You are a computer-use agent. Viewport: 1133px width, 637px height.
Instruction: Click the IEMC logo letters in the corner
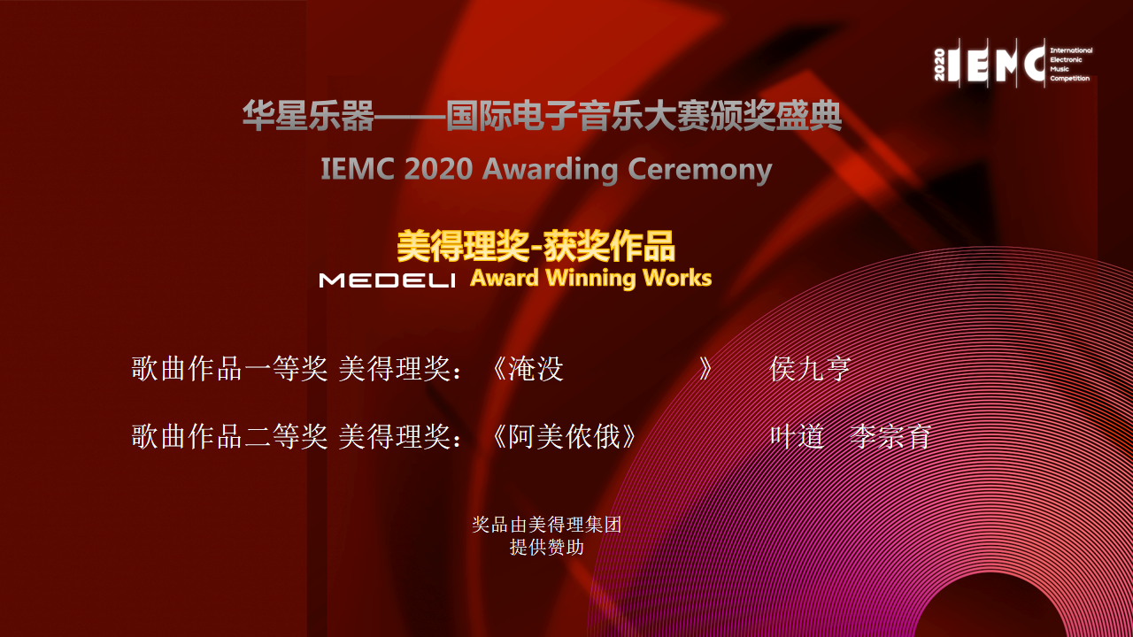click(x=997, y=63)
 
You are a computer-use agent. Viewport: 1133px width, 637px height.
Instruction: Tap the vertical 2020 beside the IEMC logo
click(x=939, y=65)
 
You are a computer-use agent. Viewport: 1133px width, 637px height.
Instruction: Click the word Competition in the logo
click(x=1069, y=79)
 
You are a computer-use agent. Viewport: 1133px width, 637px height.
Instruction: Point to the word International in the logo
click(x=1071, y=50)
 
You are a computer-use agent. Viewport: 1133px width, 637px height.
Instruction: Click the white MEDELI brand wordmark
click(x=387, y=280)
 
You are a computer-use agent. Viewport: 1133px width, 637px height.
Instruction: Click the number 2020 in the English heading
click(x=438, y=168)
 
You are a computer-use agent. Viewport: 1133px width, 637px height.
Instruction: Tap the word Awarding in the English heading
click(x=550, y=169)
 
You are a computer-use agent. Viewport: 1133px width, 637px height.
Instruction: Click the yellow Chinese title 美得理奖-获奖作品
click(x=536, y=246)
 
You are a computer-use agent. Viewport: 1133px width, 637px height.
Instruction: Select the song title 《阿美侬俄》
click(x=564, y=436)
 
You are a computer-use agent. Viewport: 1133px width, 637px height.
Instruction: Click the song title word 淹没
click(x=536, y=369)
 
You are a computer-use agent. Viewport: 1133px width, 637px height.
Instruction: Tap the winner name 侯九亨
click(x=810, y=369)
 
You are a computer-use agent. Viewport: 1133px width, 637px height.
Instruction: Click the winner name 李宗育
click(x=890, y=436)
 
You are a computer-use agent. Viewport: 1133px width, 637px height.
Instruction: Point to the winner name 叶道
click(x=798, y=436)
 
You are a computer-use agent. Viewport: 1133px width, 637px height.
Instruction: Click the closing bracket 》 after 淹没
click(x=705, y=369)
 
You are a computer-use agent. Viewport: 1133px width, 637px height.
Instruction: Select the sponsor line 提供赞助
click(x=547, y=548)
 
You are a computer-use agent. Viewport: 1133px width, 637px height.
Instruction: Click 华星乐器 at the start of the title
click(x=308, y=116)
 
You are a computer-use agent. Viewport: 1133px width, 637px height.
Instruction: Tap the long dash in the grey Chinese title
click(x=410, y=116)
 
